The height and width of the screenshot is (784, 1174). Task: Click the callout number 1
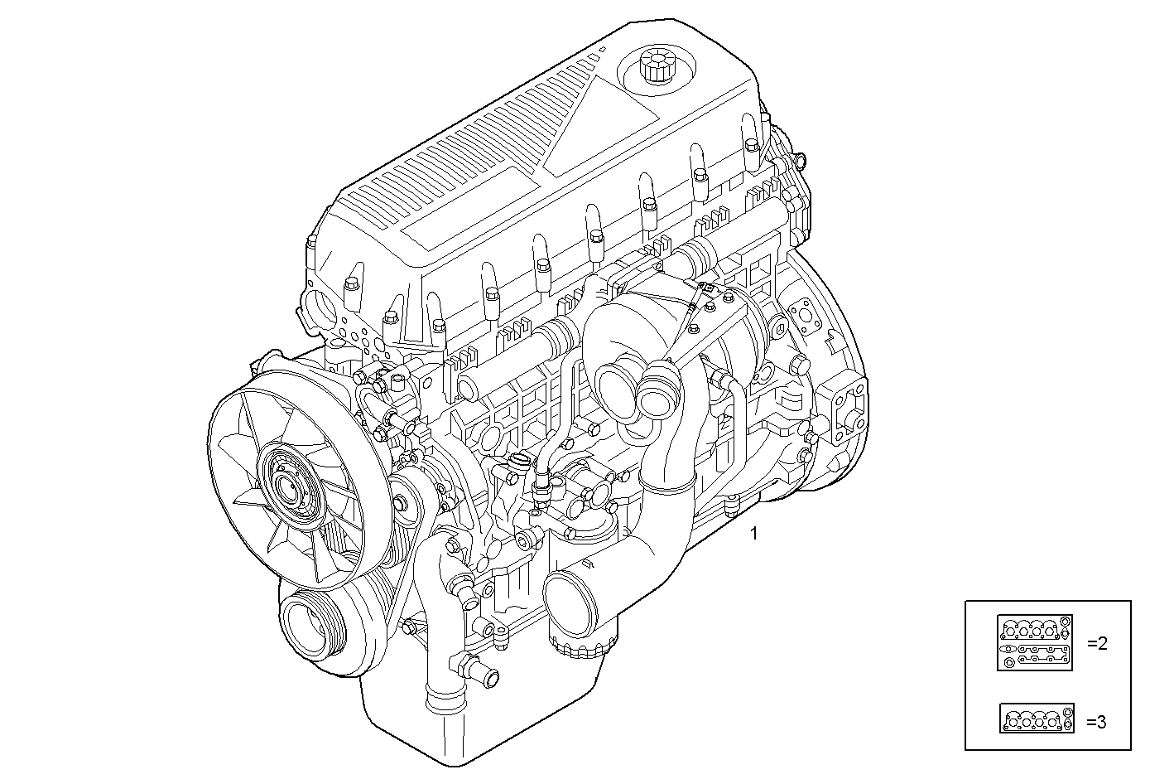(x=753, y=534)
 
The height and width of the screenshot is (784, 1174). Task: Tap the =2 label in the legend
(x=1096, y=643)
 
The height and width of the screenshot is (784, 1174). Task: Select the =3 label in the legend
(x=1096, y=721)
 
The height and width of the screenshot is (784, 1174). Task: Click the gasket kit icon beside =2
(x=1035, y=642)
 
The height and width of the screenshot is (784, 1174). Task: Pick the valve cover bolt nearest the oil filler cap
(x=700, y=175)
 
